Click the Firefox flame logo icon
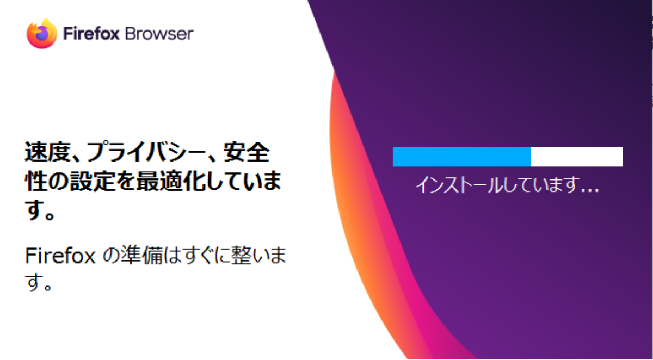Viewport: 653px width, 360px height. [42, 34]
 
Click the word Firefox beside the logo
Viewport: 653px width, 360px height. [91, 34]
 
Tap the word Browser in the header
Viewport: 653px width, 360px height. [159, 34]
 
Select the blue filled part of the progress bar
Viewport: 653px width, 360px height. [462, 157]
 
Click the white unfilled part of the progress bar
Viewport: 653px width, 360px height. [577, 157]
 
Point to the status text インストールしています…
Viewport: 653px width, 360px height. [507, 185]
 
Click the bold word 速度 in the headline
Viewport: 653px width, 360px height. [47, 152]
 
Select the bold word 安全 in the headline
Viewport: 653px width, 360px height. [247, 152]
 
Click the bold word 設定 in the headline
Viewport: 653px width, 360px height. [92, 181]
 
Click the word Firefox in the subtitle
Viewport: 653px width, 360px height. [60, 256]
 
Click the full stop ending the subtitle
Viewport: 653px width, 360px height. [47, 285]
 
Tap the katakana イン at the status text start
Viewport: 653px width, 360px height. [430, 185]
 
